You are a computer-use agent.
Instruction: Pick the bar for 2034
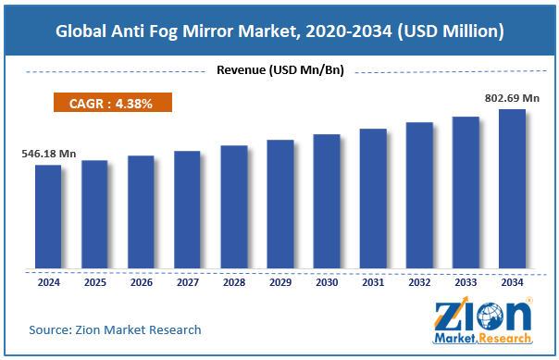coord(512,190)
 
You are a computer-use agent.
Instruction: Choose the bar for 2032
coord(419,196)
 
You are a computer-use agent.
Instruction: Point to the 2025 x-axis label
coord(94,281)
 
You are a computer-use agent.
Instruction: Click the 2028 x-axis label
coord(233,281)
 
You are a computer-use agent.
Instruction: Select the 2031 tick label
coord(373,281)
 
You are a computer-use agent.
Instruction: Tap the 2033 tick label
coord(466,281)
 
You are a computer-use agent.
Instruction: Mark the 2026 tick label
coord(141,281)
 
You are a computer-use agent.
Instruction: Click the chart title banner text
coord(279,31)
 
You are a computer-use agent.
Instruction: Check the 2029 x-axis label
coord(279,281)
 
